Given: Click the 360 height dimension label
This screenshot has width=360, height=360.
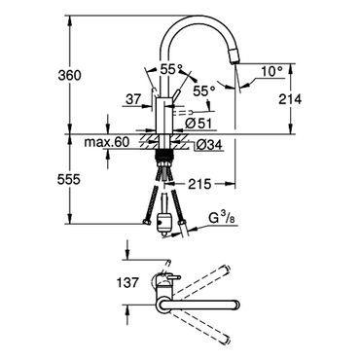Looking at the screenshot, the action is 69,76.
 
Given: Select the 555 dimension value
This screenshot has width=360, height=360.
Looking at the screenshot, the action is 69,179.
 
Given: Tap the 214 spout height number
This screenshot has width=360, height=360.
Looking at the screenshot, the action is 290,99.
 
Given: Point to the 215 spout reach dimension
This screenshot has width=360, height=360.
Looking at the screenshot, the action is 199,184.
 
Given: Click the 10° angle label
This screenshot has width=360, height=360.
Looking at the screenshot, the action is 271,71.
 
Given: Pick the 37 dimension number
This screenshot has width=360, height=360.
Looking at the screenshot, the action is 133,99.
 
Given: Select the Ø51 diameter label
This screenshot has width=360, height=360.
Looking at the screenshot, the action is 199,124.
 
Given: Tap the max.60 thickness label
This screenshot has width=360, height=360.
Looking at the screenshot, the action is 107,142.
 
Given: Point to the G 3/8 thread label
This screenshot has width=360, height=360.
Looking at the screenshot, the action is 224,218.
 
